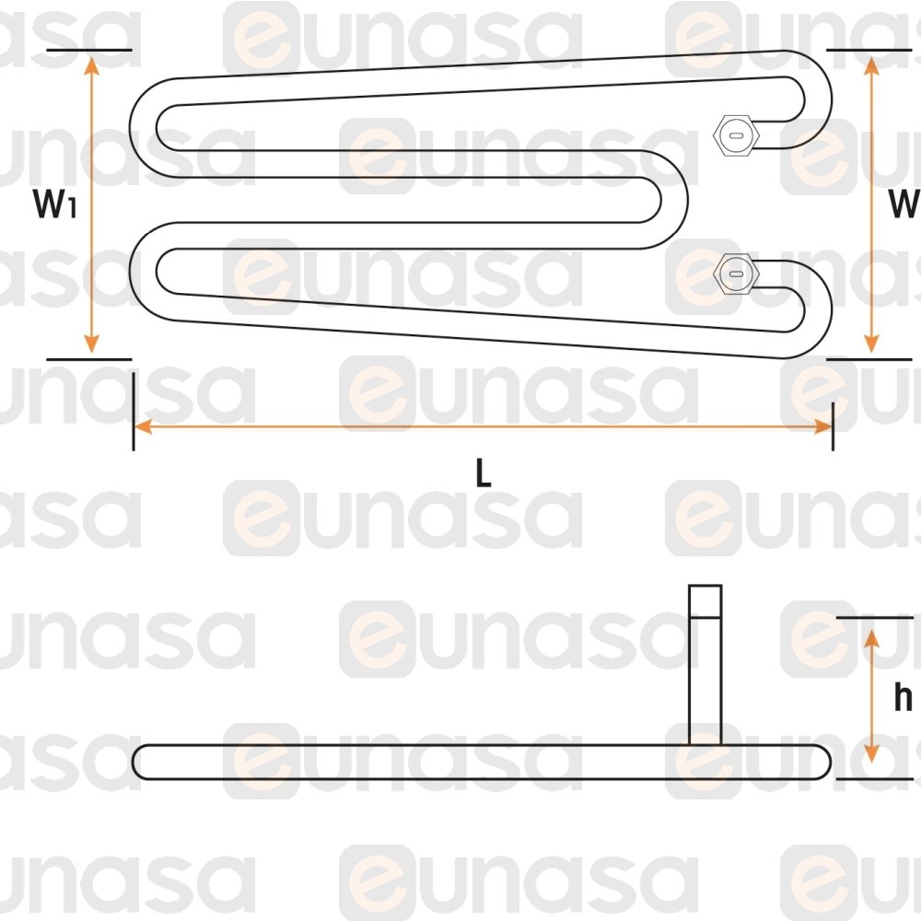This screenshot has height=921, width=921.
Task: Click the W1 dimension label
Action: coord(54,204)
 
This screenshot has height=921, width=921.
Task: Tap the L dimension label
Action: coord(483,472)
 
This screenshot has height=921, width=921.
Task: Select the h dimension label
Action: coord(903,697)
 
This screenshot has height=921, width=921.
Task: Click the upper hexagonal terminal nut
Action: coord(735,135)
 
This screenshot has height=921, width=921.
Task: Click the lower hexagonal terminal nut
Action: coord(735,274)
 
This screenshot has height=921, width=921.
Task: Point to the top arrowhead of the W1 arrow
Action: coord(91,66)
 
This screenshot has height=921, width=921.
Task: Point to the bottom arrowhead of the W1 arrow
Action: coord(91,344)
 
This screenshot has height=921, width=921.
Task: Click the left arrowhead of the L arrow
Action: coord(144,427)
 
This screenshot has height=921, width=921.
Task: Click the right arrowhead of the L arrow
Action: coord(822,427)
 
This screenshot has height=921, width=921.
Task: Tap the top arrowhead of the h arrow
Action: coord(871,638)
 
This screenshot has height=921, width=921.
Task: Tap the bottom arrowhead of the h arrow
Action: coord(871,753)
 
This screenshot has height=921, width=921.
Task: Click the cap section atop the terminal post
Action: coord(705,601)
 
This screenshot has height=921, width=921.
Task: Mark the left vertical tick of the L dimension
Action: coord(134,412)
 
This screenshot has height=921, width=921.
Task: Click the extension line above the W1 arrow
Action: coord(89,50)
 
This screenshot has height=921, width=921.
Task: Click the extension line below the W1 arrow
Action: coord(89,359)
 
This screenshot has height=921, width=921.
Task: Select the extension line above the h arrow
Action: coord(875,618)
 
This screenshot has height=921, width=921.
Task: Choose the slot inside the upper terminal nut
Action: coord(735,135)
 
